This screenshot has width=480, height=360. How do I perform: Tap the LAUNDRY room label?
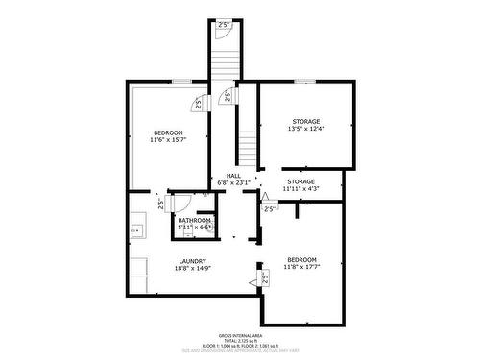point(193,261)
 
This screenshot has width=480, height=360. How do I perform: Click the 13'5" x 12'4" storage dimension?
point(306,128)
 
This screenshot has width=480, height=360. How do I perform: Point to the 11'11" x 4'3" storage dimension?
point(300,188)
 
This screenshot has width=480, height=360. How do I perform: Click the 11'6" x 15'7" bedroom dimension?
point(168,139)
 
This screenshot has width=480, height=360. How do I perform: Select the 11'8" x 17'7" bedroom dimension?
point(300,268)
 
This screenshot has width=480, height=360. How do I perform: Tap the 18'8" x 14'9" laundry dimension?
point(193,269)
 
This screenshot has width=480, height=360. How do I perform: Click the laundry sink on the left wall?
point(137,230)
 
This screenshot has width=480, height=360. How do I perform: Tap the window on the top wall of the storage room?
point(340,82)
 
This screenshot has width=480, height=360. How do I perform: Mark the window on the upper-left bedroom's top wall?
point(180,82)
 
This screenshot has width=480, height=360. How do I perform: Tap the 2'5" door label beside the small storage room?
point(270,208)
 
